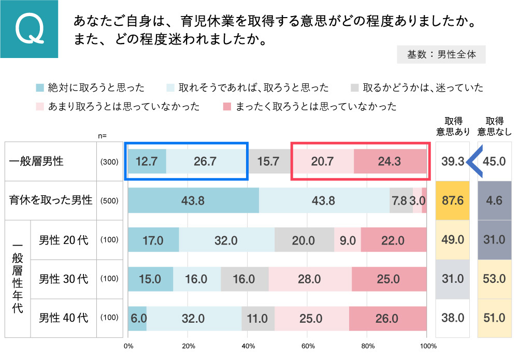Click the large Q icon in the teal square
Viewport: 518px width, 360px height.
[30, 29]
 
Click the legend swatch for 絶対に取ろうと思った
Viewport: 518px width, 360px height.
[40, 88]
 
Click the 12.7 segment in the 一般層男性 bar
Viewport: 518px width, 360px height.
[147, 161]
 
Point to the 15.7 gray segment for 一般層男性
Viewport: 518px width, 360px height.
[268, 161]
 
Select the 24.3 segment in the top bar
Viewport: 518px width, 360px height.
[390, 161]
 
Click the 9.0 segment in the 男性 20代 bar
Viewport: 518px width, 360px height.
[347, 240]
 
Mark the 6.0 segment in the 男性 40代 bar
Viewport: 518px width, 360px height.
[137, 318]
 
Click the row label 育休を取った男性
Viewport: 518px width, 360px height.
[50, 200]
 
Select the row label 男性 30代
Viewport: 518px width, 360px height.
[63, 279]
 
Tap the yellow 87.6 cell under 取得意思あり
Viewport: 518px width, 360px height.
[452, 200]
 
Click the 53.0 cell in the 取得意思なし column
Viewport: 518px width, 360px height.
[494, 279]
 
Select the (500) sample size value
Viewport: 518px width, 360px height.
[109, 200]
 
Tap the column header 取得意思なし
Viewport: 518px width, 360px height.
[494, 127]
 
